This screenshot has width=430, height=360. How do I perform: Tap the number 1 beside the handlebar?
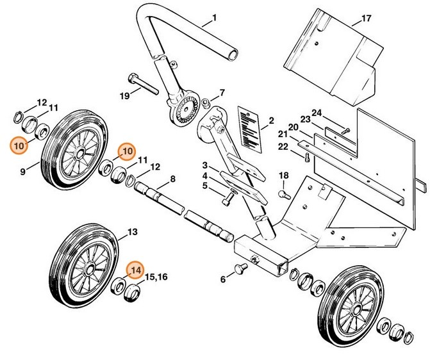click(x=215, y=17)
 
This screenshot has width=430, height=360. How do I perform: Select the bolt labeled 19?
click(x=144, y=84)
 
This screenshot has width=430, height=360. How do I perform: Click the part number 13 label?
click(x=133, y=231)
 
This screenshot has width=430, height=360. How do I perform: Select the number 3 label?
click(x=204, y=165)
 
